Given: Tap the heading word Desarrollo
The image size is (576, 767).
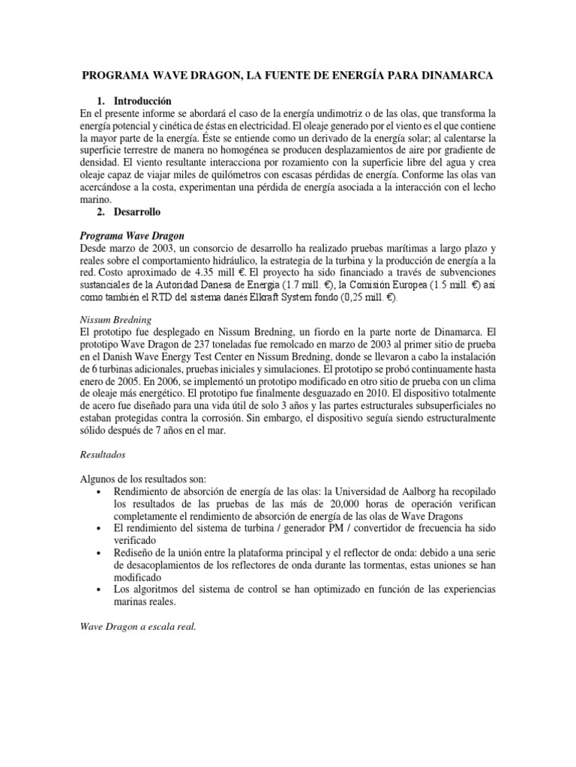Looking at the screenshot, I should pos(137,213).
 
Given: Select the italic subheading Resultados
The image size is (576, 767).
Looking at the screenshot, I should pos(103,455).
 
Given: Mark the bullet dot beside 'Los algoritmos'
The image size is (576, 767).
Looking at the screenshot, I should pos(100,589).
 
